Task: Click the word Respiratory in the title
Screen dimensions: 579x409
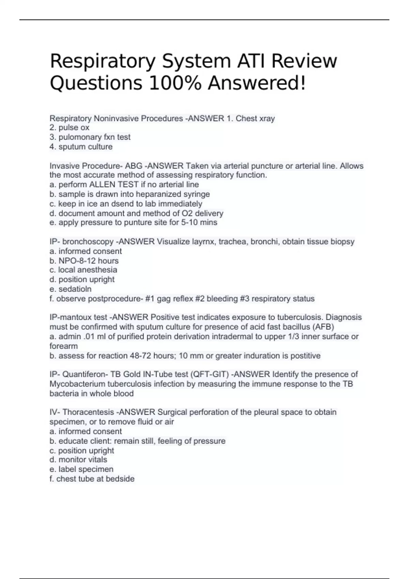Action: (x=103, y=62)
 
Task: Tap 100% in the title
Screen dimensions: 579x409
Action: (x=175, y=83)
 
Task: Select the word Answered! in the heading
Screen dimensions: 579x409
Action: (x=257, y=83)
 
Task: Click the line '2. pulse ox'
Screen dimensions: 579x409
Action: (x=69, y=128)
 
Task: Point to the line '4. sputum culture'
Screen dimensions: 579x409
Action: (x=81, y=147)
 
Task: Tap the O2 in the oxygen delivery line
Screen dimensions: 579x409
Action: (x=186, y=214)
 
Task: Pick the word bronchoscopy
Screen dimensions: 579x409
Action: (x=88, y=242)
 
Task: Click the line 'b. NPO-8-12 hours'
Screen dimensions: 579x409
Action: (x=84, y=261)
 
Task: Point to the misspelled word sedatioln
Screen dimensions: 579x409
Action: (x=75, y=289)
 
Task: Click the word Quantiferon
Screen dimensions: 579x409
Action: (x=85, y=374)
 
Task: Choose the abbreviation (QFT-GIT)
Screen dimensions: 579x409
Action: (x=210, y=374)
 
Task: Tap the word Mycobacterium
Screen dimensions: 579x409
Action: (x=77, y=384)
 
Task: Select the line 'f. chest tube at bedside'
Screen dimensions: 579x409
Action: (x=92, y=479)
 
